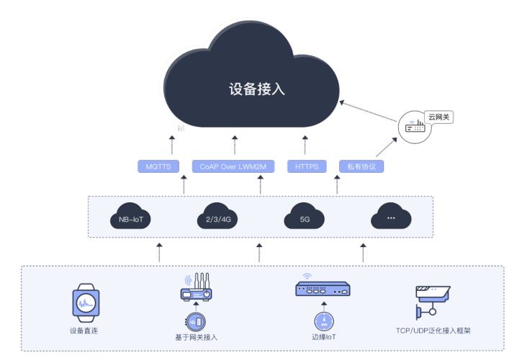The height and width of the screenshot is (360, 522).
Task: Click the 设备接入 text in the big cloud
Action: point(256,89)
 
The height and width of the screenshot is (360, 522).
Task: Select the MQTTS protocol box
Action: point(158,166)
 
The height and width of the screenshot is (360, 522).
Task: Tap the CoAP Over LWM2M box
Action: point(233,166)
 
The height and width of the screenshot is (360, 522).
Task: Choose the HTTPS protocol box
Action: point(307,166)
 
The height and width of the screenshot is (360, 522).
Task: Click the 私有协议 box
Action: point(361,166)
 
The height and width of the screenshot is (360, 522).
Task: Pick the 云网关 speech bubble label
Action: point(438,117)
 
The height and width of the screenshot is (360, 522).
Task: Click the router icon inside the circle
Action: point(415,127)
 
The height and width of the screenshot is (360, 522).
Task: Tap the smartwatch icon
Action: point(86,302)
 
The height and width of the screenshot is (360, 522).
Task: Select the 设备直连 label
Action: point(84,330)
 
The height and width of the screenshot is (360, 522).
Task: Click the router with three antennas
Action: point(197,287)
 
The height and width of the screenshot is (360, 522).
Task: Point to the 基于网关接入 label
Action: point(197,338)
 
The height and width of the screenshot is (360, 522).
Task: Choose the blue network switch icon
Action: point(323,289)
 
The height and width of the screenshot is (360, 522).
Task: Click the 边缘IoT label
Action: point(324,337)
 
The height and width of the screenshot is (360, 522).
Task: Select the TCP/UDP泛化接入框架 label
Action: point(433,330)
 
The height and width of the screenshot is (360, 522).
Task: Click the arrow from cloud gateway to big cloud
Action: point(368,111)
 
